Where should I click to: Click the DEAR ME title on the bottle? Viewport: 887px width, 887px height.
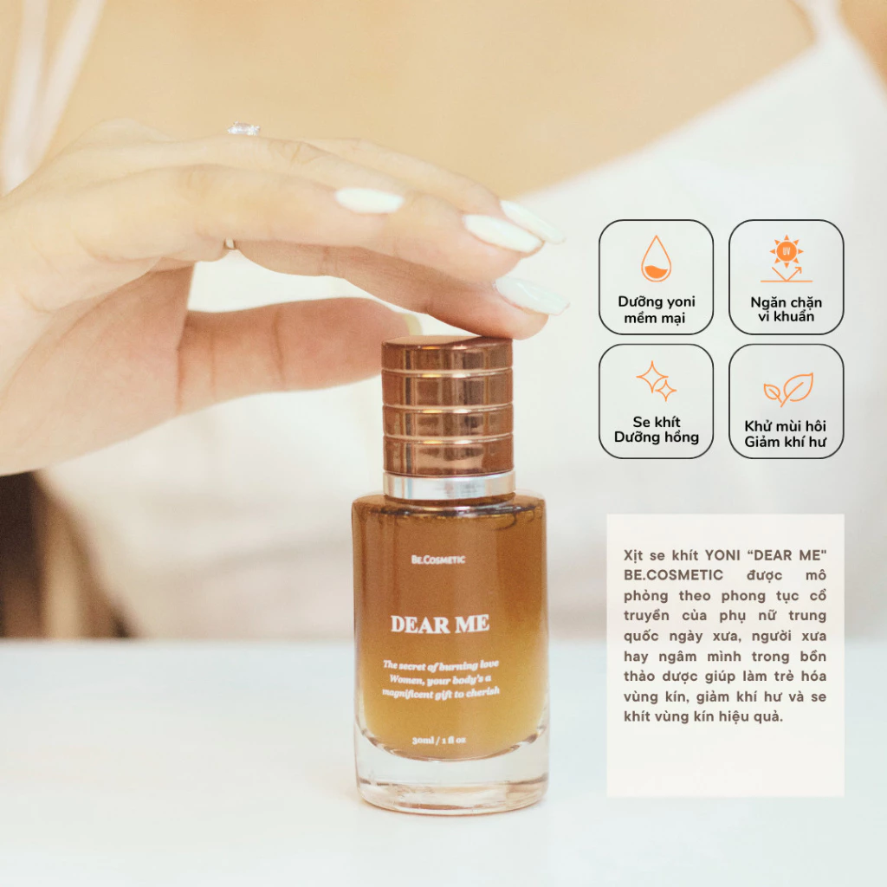point(439,624)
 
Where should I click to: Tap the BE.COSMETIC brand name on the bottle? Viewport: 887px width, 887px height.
point(437,560)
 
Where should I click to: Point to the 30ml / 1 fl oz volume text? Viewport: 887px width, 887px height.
point(439,740)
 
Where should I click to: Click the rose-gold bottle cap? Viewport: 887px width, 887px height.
point(447,406)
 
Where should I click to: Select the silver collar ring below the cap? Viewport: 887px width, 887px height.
point(450,485)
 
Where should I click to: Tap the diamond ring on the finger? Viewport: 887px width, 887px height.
point(243,129)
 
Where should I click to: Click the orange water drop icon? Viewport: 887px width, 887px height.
point(657,258)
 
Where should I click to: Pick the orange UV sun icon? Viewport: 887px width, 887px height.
point(787,258)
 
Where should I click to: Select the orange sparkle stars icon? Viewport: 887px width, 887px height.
point(657,381)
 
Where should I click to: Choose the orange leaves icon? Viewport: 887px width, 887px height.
point(788,389)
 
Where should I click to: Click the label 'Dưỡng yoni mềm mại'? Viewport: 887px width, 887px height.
point(657,309)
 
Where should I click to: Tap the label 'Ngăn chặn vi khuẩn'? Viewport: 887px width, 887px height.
point(787,309)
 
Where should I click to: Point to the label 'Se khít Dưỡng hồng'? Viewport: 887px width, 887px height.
point(657,430)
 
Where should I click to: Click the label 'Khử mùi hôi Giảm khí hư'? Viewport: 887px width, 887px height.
point(785,434)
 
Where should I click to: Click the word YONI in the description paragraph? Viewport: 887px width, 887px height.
point(722,555)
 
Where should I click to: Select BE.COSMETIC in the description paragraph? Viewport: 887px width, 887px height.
point(673,575)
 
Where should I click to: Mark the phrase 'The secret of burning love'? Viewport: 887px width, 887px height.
point(441,664)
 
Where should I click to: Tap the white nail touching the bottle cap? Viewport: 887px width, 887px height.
point(531,295)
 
